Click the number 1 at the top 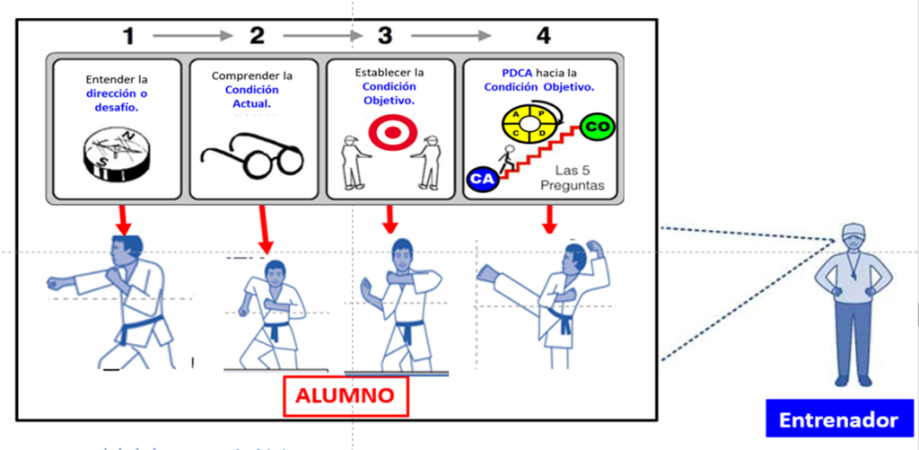(x=130, y=36)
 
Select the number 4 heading (x=542, y=36)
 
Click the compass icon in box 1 (x=115, y=154)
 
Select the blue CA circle (x=482, y=179)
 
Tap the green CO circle (x=597, y=128)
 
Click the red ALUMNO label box (x=346, y=395)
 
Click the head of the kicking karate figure (x=576, y=257)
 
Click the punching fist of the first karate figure (x=57, y=283)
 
